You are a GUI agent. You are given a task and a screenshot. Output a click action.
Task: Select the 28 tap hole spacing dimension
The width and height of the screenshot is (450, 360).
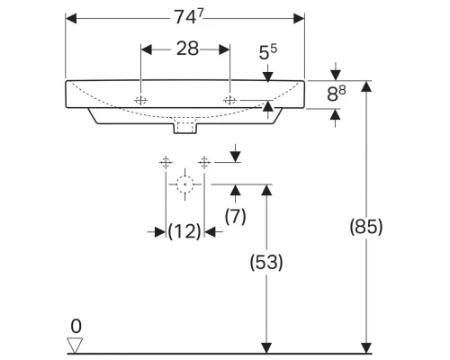[x=186, y=50]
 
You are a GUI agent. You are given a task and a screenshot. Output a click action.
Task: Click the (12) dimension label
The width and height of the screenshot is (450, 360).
[x=184, y=231]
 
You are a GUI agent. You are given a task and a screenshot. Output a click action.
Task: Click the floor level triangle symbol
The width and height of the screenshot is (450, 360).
[x=76, y=344]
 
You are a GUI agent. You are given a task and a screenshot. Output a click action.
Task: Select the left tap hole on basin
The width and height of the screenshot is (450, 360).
[x=141, y=100]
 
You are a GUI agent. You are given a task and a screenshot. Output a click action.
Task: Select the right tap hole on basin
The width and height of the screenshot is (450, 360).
[x=231, y=100]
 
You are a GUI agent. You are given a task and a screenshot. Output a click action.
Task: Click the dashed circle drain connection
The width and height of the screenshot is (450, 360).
[x=185, y=186]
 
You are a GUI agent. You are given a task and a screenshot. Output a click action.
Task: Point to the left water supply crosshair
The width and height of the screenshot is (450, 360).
[x=165, y=162]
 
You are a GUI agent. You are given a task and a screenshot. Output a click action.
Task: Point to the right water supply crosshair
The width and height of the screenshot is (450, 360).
[x=204, y=162]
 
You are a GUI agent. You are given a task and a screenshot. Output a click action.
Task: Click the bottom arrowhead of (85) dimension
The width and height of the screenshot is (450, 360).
[x=366, y=346]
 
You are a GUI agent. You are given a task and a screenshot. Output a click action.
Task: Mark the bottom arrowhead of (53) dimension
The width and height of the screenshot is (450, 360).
[x=265, y=346]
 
